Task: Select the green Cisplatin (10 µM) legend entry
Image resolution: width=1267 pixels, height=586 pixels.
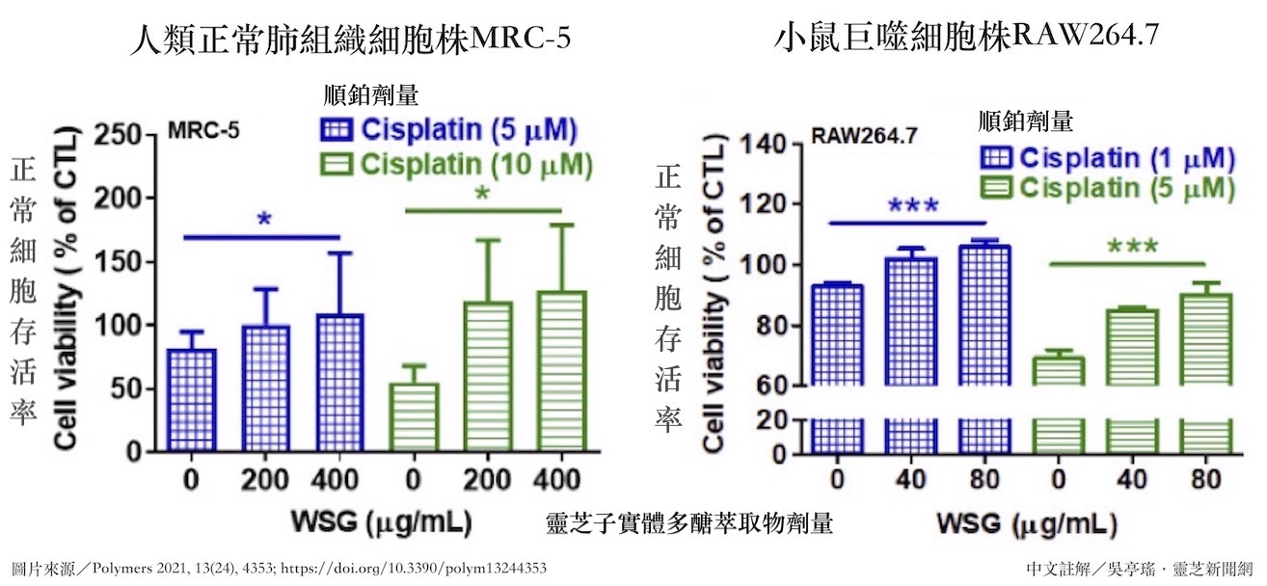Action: [x=454, y=164]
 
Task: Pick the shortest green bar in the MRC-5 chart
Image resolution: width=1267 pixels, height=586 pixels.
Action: [x=414, y=417]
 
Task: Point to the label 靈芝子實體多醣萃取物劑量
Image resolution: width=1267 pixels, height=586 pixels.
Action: [x=688, y=523]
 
